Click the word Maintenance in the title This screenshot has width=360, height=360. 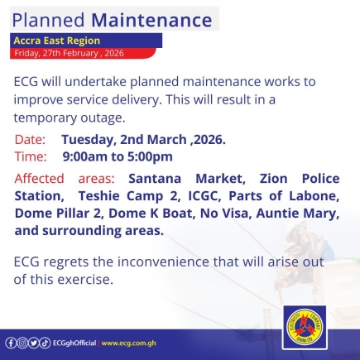[x=151, y=20]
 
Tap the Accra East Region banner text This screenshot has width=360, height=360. [x=57, y=41]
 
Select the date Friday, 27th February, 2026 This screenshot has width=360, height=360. [x=69, y=53]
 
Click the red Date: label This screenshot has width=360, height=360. [x=30, y=139]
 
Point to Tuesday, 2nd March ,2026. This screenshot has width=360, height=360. [x=143, y=140]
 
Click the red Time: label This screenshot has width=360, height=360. [x=31, y=156]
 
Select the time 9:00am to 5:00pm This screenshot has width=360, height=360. [x=118, y=156]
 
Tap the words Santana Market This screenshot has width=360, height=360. [x=187, y=179]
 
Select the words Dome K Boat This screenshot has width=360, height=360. [x=151, y=214]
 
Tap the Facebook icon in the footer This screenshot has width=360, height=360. [x=11, y=343]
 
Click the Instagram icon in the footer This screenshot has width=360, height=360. [x=22, y=343]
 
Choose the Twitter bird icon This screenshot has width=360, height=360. [x=34, y=343]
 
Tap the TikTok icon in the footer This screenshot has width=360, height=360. [x=46, y=343]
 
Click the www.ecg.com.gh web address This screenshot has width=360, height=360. [x=128, y=343]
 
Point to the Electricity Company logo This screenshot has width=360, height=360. [x=305, y=328]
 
